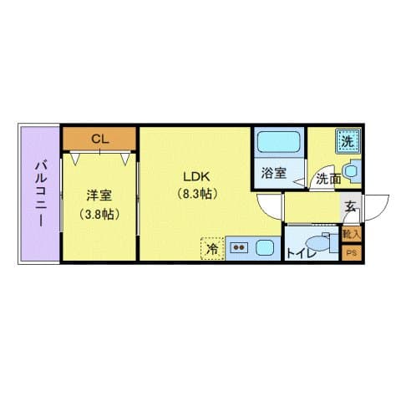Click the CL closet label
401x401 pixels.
tap(99, 138)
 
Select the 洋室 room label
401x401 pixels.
tap(99, 196)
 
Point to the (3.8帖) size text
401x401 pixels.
tap(99, 214)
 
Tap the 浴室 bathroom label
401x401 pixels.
tap(273, 174)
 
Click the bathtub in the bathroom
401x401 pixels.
tap(278, 141)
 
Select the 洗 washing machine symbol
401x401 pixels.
tap(348, 141)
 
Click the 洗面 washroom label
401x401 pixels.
tap(327, 178)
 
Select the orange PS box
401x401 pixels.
tap(352, 252)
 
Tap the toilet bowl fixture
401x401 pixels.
tap(318, 243)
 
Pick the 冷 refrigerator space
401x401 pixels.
tap(212, 248)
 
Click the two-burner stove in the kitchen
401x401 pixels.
tap(238, 247)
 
